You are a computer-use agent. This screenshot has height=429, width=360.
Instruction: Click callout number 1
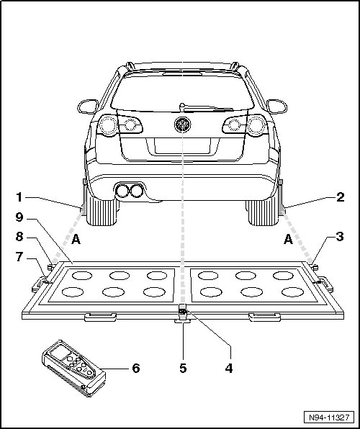(19, 197)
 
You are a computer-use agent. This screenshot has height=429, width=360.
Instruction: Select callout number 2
(341, 197)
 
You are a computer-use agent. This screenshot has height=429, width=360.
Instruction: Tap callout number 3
(340, 237)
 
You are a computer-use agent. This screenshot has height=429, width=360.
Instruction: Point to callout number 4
(229, 369)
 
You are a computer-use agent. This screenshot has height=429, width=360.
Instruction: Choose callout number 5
(183, 369)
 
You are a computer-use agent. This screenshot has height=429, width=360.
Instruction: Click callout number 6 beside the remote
(136, 369)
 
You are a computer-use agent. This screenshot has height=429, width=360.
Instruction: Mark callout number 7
(19, 257)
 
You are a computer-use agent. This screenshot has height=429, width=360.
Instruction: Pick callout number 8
(19, 237)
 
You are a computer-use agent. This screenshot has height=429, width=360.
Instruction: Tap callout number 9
(19, 217)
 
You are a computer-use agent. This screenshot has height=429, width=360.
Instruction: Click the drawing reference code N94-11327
(329, 417)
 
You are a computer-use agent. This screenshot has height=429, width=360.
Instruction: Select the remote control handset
(73, 369)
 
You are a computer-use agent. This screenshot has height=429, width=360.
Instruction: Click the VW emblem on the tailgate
(182, 125)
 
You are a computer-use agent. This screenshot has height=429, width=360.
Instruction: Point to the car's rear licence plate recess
(183, 146)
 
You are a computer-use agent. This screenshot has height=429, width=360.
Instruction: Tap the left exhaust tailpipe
(122, 191)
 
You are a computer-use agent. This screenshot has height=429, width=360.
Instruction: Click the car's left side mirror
(88, 107)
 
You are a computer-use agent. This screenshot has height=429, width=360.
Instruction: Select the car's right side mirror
(276, 107)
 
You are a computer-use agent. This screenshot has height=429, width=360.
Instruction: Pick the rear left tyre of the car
(102, 211)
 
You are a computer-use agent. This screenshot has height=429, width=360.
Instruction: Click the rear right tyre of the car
(263, 212)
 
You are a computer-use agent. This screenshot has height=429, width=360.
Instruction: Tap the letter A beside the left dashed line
(76, 240)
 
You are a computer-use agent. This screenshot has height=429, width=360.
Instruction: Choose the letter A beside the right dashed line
(288, 240)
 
